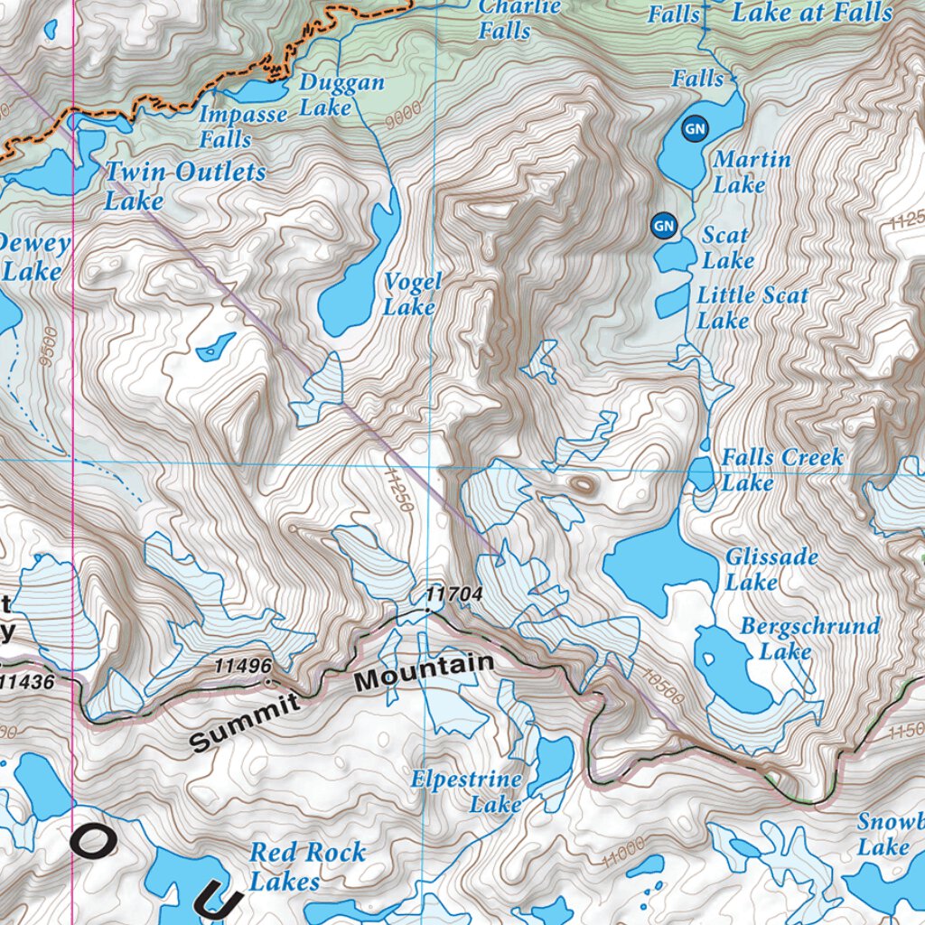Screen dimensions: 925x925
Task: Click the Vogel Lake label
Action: point(413,294)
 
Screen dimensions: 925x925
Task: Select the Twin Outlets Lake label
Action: point(184,185)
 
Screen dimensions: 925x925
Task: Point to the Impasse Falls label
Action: point(242,127)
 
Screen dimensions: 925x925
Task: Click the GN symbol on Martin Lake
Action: point(694,129)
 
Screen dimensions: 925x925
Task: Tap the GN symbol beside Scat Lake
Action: point(664,225)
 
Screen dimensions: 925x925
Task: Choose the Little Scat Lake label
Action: point(752,308)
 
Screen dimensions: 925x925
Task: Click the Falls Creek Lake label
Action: point(781,470)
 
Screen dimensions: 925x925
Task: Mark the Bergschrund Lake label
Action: point(809,638)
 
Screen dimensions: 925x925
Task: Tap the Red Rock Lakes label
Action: point(307,865)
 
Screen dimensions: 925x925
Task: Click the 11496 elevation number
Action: point(242,666)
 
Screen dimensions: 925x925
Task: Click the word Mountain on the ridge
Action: point(425,674)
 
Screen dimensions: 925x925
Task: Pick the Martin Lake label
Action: point(752,172)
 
